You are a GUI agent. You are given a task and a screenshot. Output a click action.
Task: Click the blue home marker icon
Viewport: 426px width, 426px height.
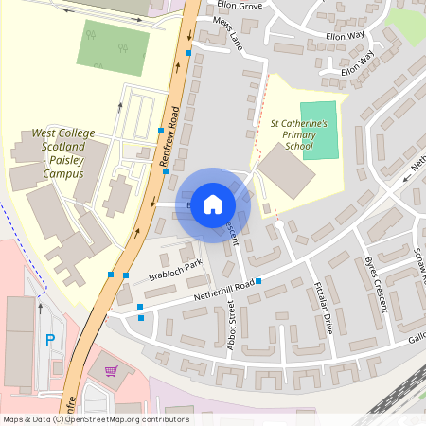[x=213, y=204]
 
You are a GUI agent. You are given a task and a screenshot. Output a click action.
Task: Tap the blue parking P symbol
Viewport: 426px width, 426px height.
[x=50, y=339]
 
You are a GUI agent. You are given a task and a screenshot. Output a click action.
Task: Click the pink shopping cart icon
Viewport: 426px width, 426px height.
[x=111, y=370]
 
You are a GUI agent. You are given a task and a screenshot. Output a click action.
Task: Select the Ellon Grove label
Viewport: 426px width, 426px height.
[x=239, y=6]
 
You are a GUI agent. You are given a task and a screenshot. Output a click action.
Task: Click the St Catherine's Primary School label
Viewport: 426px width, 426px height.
[x=299, y=134]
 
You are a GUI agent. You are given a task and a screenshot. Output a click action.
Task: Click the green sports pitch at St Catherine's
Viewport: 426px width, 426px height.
[x=318, y=131]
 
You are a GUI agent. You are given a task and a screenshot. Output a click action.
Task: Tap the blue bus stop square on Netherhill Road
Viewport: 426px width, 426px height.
[x=257, y=281]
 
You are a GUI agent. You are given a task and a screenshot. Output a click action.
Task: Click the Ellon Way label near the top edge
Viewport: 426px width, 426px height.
[x=344, y=35]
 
